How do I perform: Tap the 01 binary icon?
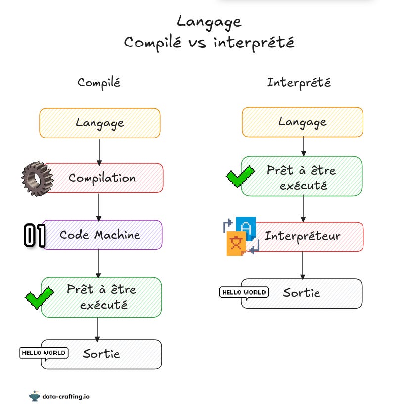pos(35,235)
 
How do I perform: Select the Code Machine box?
pos(102,235)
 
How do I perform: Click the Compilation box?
pos(102,178)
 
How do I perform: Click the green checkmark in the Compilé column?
pos(39,298)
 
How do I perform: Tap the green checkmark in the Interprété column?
pos(240,176)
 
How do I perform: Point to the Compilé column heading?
pos(98,82)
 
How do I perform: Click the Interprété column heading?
pos(299,82)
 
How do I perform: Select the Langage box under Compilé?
pos(100,122)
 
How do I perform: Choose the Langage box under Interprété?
pos(302,122)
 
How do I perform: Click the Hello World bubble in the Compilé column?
pos(43,353)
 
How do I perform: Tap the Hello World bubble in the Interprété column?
pos(243,292)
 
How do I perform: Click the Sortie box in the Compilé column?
pos(101,354)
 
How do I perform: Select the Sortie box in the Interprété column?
pos(302,293)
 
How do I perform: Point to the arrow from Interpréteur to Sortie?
pos(302,265)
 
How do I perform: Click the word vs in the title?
pos(198,43)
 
